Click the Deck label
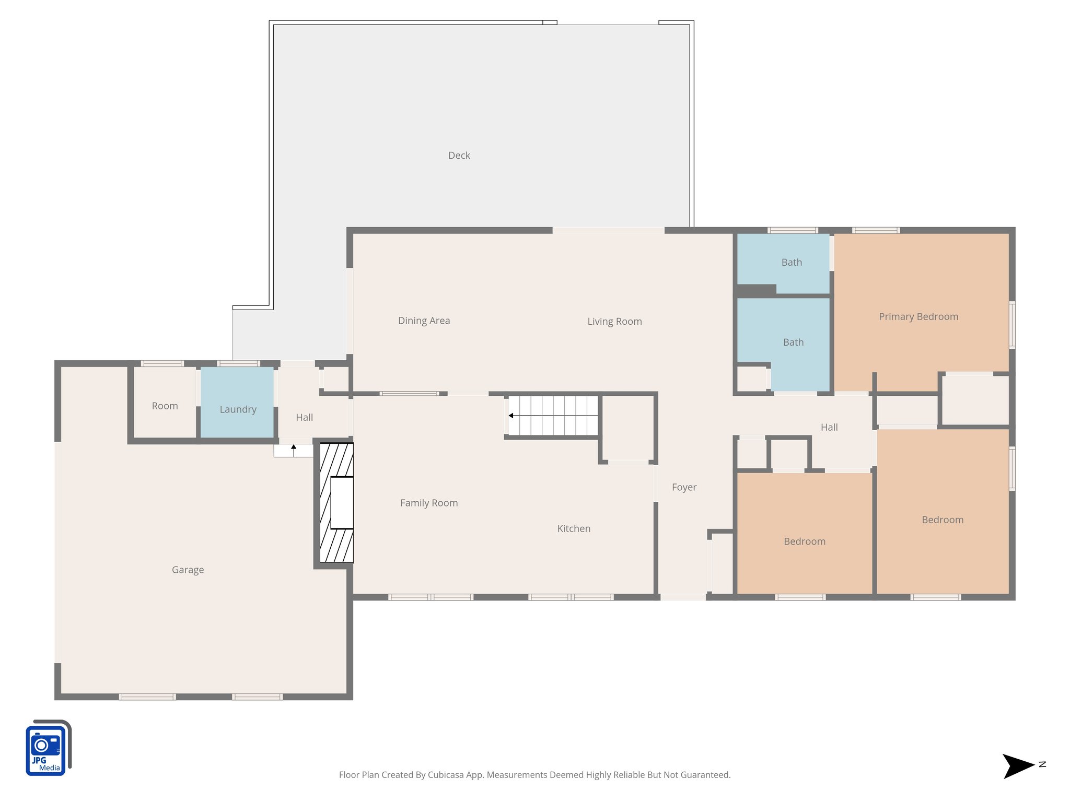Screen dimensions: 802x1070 [459, 156]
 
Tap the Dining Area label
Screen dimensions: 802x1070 [424, 321]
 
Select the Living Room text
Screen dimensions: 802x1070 [614, 322]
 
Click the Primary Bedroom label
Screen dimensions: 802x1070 [918, 317]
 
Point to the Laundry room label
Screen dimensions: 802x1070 [238, 409]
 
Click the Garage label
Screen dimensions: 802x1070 [188, 570]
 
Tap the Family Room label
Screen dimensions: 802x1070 [428, 503]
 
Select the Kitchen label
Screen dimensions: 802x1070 [574, 528]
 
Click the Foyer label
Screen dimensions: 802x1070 [684, 487]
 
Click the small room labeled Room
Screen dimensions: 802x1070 [165, 406]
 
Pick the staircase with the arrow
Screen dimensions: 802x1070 [553, 416]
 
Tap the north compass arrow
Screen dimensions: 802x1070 [1018, 766]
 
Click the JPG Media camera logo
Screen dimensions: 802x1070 [48, 748]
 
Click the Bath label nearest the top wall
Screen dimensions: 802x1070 [791, 263]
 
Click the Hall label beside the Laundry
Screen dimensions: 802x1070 [304, 417]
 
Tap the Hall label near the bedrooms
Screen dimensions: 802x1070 [829, 427]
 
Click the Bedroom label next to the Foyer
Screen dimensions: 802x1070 [804, 541]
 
